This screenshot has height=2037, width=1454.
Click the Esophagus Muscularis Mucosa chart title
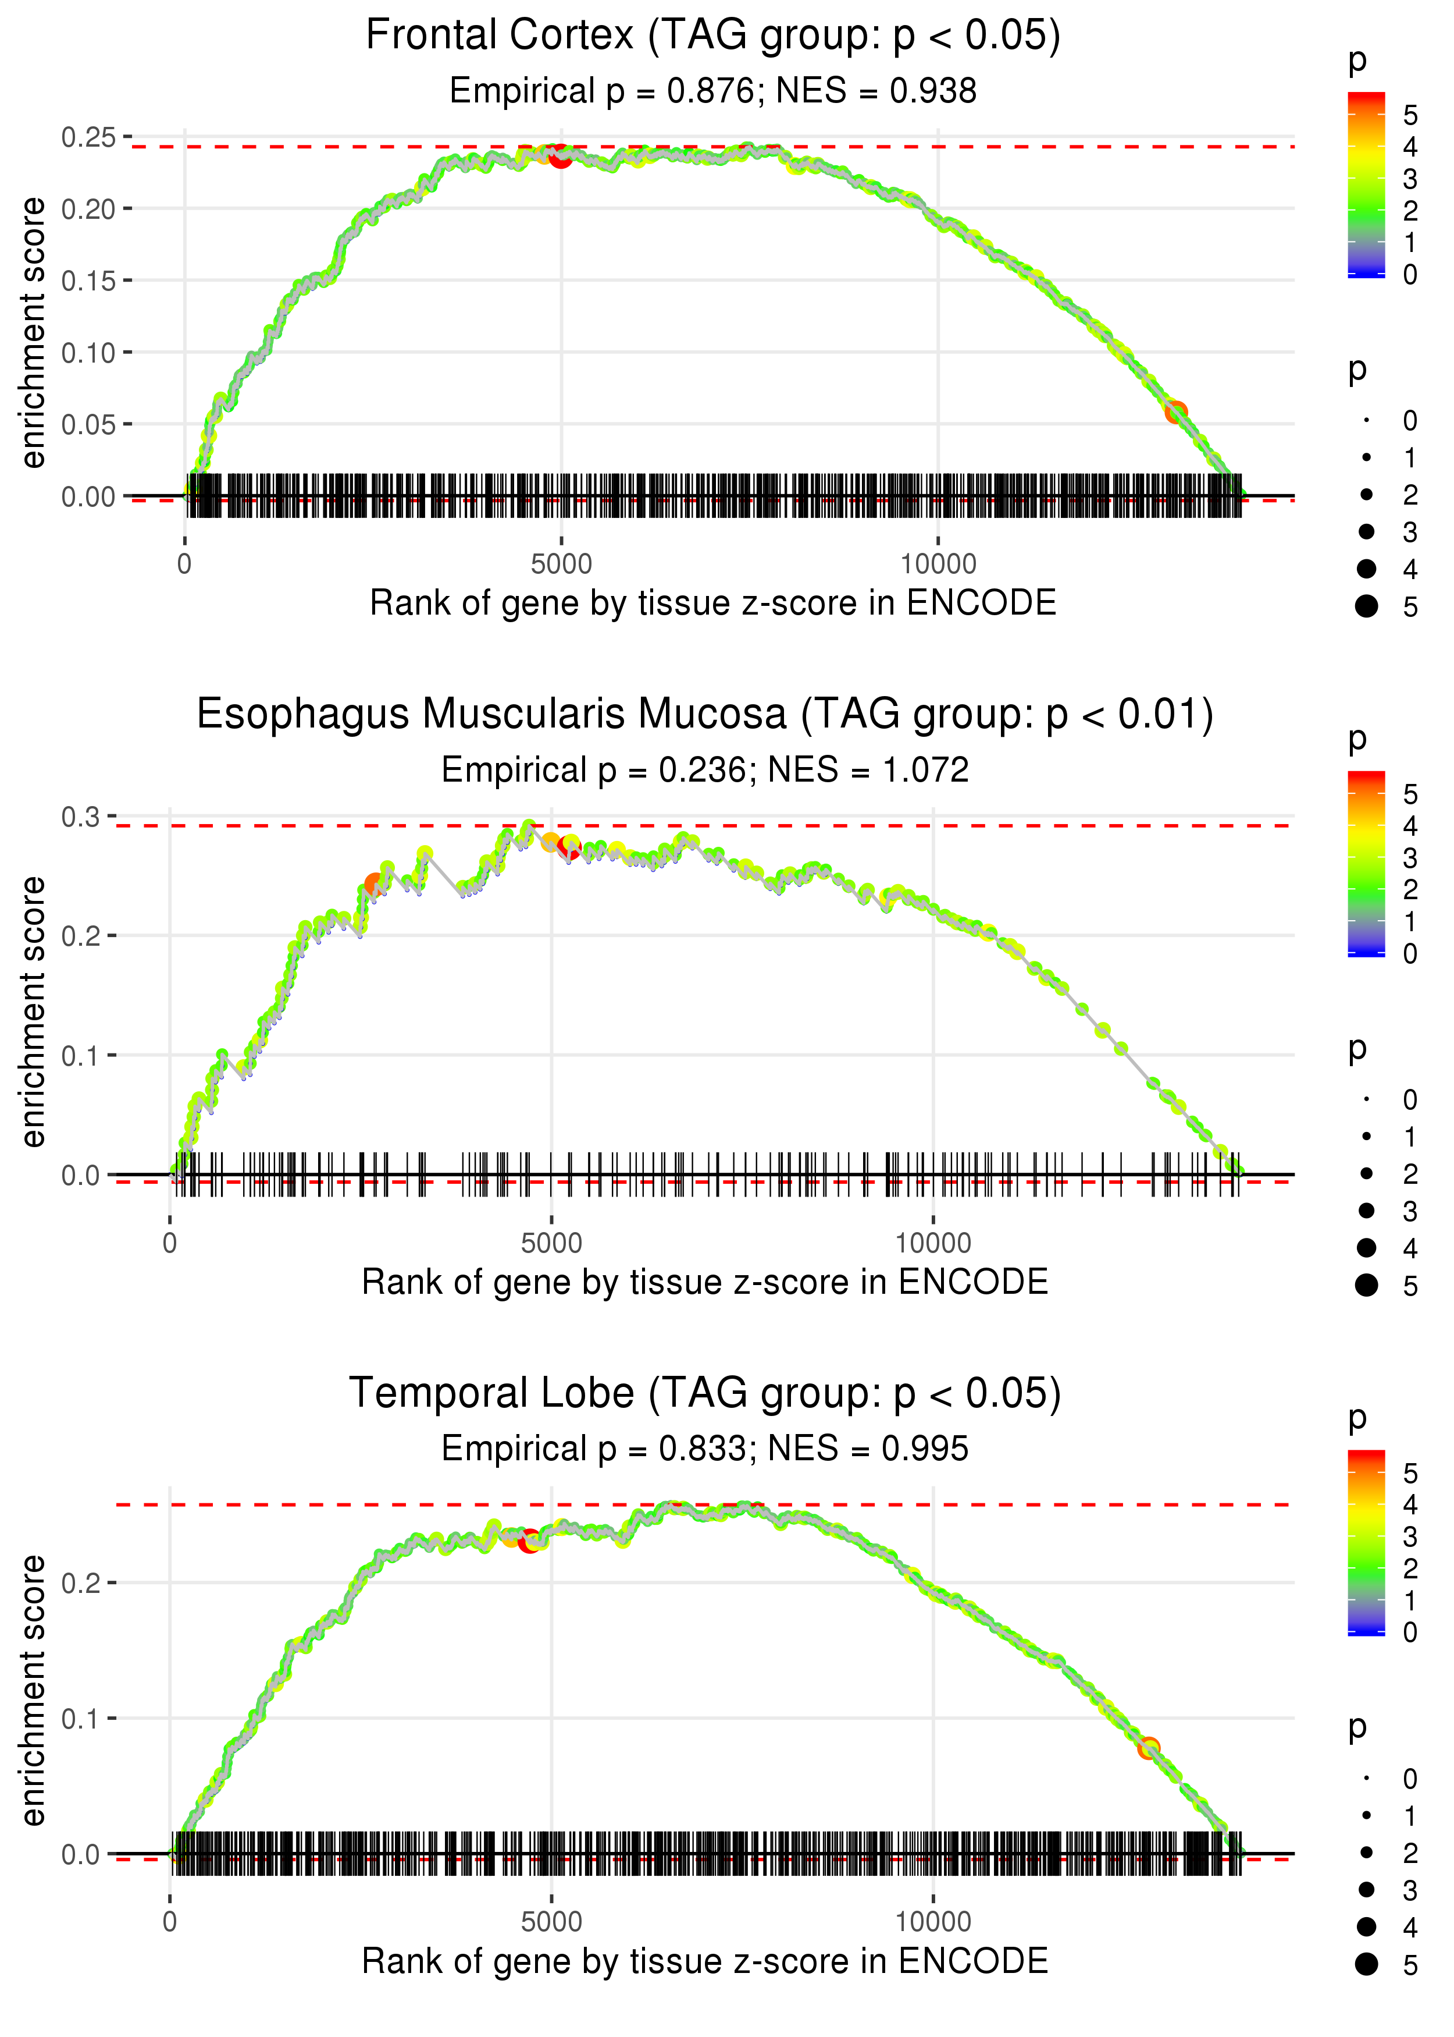[x=705, y=715]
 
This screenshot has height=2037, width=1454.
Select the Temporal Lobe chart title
[x=705, y=1393]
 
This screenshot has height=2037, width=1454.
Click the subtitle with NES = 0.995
[x=705, y=1449]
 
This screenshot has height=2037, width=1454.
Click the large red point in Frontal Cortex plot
[x=561, y=156]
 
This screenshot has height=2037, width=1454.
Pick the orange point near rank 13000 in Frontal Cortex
[x=1175, y=412]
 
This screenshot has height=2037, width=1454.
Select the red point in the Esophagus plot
[x=569, y=846]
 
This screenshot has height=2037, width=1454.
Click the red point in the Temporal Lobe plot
[x=529, y=1542]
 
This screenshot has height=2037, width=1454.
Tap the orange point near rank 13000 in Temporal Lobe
[x=1149, y=1747]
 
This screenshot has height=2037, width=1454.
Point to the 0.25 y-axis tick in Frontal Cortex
[x=88, y=137]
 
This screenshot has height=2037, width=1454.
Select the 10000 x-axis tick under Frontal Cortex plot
[x=938, y=565]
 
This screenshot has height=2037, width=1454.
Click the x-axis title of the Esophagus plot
[x=705, y=1282]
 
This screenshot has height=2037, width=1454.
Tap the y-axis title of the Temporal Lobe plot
[x=33, y=1690]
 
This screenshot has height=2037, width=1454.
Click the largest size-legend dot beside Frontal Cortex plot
[x=1366, y=606]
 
